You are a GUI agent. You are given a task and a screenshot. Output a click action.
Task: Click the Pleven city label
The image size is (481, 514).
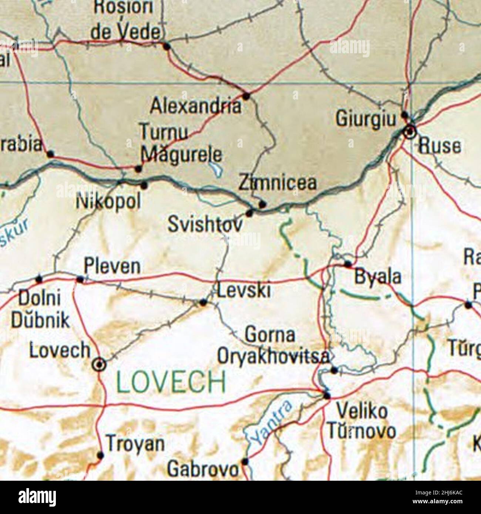point(112,266)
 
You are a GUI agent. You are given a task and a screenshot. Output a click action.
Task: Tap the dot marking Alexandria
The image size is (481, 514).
point(246,97)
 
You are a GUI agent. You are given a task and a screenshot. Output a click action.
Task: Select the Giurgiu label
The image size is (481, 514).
point(366,119)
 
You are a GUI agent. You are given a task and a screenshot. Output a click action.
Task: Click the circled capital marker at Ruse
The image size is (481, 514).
point(410,132)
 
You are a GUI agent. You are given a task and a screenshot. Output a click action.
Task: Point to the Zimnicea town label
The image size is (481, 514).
point(277,183)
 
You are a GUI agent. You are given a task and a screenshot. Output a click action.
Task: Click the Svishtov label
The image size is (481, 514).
point(205,224)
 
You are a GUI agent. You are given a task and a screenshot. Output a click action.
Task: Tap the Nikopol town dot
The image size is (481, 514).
point(144,186)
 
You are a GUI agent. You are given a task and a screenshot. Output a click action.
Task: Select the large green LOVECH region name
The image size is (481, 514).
point(171,382)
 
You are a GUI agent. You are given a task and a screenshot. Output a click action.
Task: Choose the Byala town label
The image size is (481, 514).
point(378,277)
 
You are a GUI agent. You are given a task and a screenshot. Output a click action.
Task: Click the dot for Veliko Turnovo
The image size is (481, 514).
point(326,396)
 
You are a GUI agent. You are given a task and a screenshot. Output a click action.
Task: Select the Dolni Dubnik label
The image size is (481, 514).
point(40,309)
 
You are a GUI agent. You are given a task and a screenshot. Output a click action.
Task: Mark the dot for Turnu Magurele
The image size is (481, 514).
point(138,169)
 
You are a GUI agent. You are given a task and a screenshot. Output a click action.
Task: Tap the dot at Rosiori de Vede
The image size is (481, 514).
point(166,47)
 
